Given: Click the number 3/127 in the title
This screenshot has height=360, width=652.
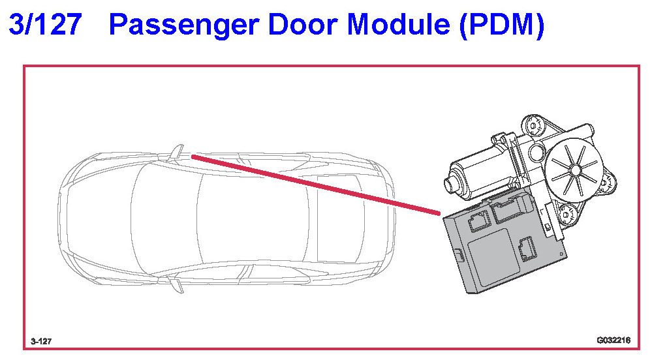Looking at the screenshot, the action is click(x=45, y=25).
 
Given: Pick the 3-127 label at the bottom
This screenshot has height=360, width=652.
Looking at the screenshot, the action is click(x=41, y=341).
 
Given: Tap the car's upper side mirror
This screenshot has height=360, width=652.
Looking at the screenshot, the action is click(x=176, y=151).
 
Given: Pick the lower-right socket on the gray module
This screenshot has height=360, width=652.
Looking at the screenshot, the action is click(x=525, y=248).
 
